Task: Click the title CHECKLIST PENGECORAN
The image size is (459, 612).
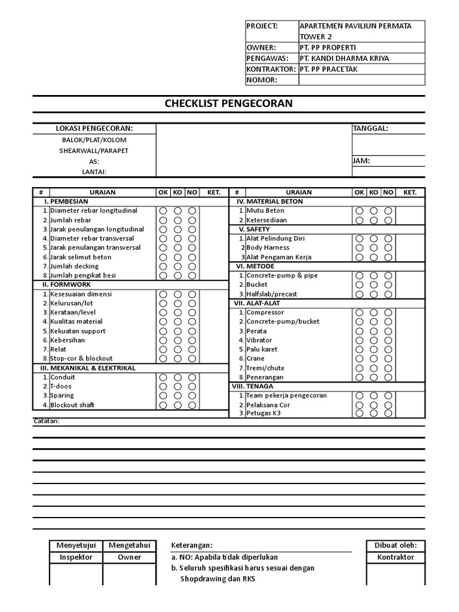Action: coord(229,103)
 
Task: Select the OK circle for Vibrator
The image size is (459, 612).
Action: coord(359,340)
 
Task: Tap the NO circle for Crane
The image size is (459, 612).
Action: coord(388,359)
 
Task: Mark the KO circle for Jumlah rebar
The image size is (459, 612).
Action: coord(178,220)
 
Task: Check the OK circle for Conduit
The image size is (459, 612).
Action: coord(163,377)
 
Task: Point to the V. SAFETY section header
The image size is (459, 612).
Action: coord(254,229)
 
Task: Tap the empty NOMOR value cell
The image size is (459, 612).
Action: coord(362,80)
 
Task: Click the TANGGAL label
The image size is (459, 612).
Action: coord(371,128)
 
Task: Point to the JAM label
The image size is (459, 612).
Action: coord(361,161)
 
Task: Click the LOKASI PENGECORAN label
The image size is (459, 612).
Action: coord(94,128)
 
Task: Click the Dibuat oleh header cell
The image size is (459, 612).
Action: coord(395,545)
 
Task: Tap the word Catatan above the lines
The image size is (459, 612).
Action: coord(46,421)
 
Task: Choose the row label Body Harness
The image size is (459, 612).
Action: coord(268,247)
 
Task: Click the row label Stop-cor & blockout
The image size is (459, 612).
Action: coord(81,359)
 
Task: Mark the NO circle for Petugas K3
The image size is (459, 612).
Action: coord(388,413)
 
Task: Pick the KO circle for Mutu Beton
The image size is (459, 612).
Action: coord(374,210)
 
